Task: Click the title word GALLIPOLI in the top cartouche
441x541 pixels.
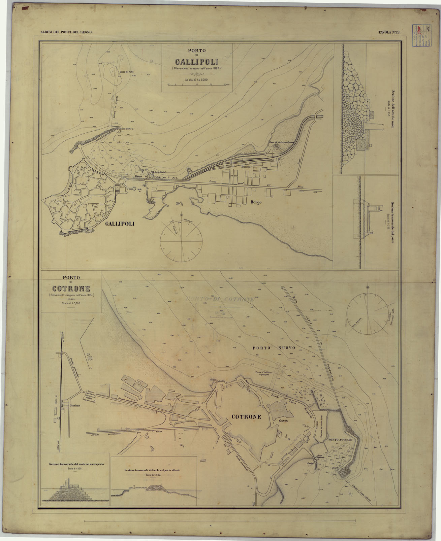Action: [197, 62]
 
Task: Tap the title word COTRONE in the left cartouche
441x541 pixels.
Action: [71, 289]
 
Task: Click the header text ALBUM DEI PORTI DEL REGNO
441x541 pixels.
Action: [66, 32]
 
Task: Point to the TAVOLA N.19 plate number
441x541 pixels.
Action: [389, 32]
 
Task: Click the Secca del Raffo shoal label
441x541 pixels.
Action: [127, 71]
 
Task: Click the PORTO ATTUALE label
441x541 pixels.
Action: [340, 440]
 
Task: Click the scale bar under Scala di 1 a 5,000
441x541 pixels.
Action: [197, 85]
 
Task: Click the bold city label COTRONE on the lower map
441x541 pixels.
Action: [247, 417]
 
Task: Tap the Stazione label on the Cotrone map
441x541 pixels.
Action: [75, 406]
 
